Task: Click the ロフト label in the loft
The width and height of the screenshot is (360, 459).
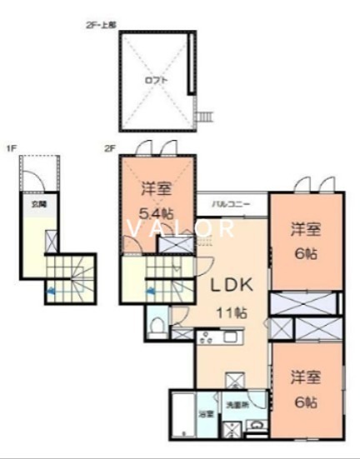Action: [x=156, y=81]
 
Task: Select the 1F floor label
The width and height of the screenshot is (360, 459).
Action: [x=12, y=149]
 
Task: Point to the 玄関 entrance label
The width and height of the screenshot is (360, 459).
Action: [x=39, y=203]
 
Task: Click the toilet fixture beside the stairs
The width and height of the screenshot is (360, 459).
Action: [x=156, y=322]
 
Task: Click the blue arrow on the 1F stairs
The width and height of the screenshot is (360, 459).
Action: [x=51, y=291]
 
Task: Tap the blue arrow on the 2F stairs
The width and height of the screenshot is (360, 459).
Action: [x=151, y=291]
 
